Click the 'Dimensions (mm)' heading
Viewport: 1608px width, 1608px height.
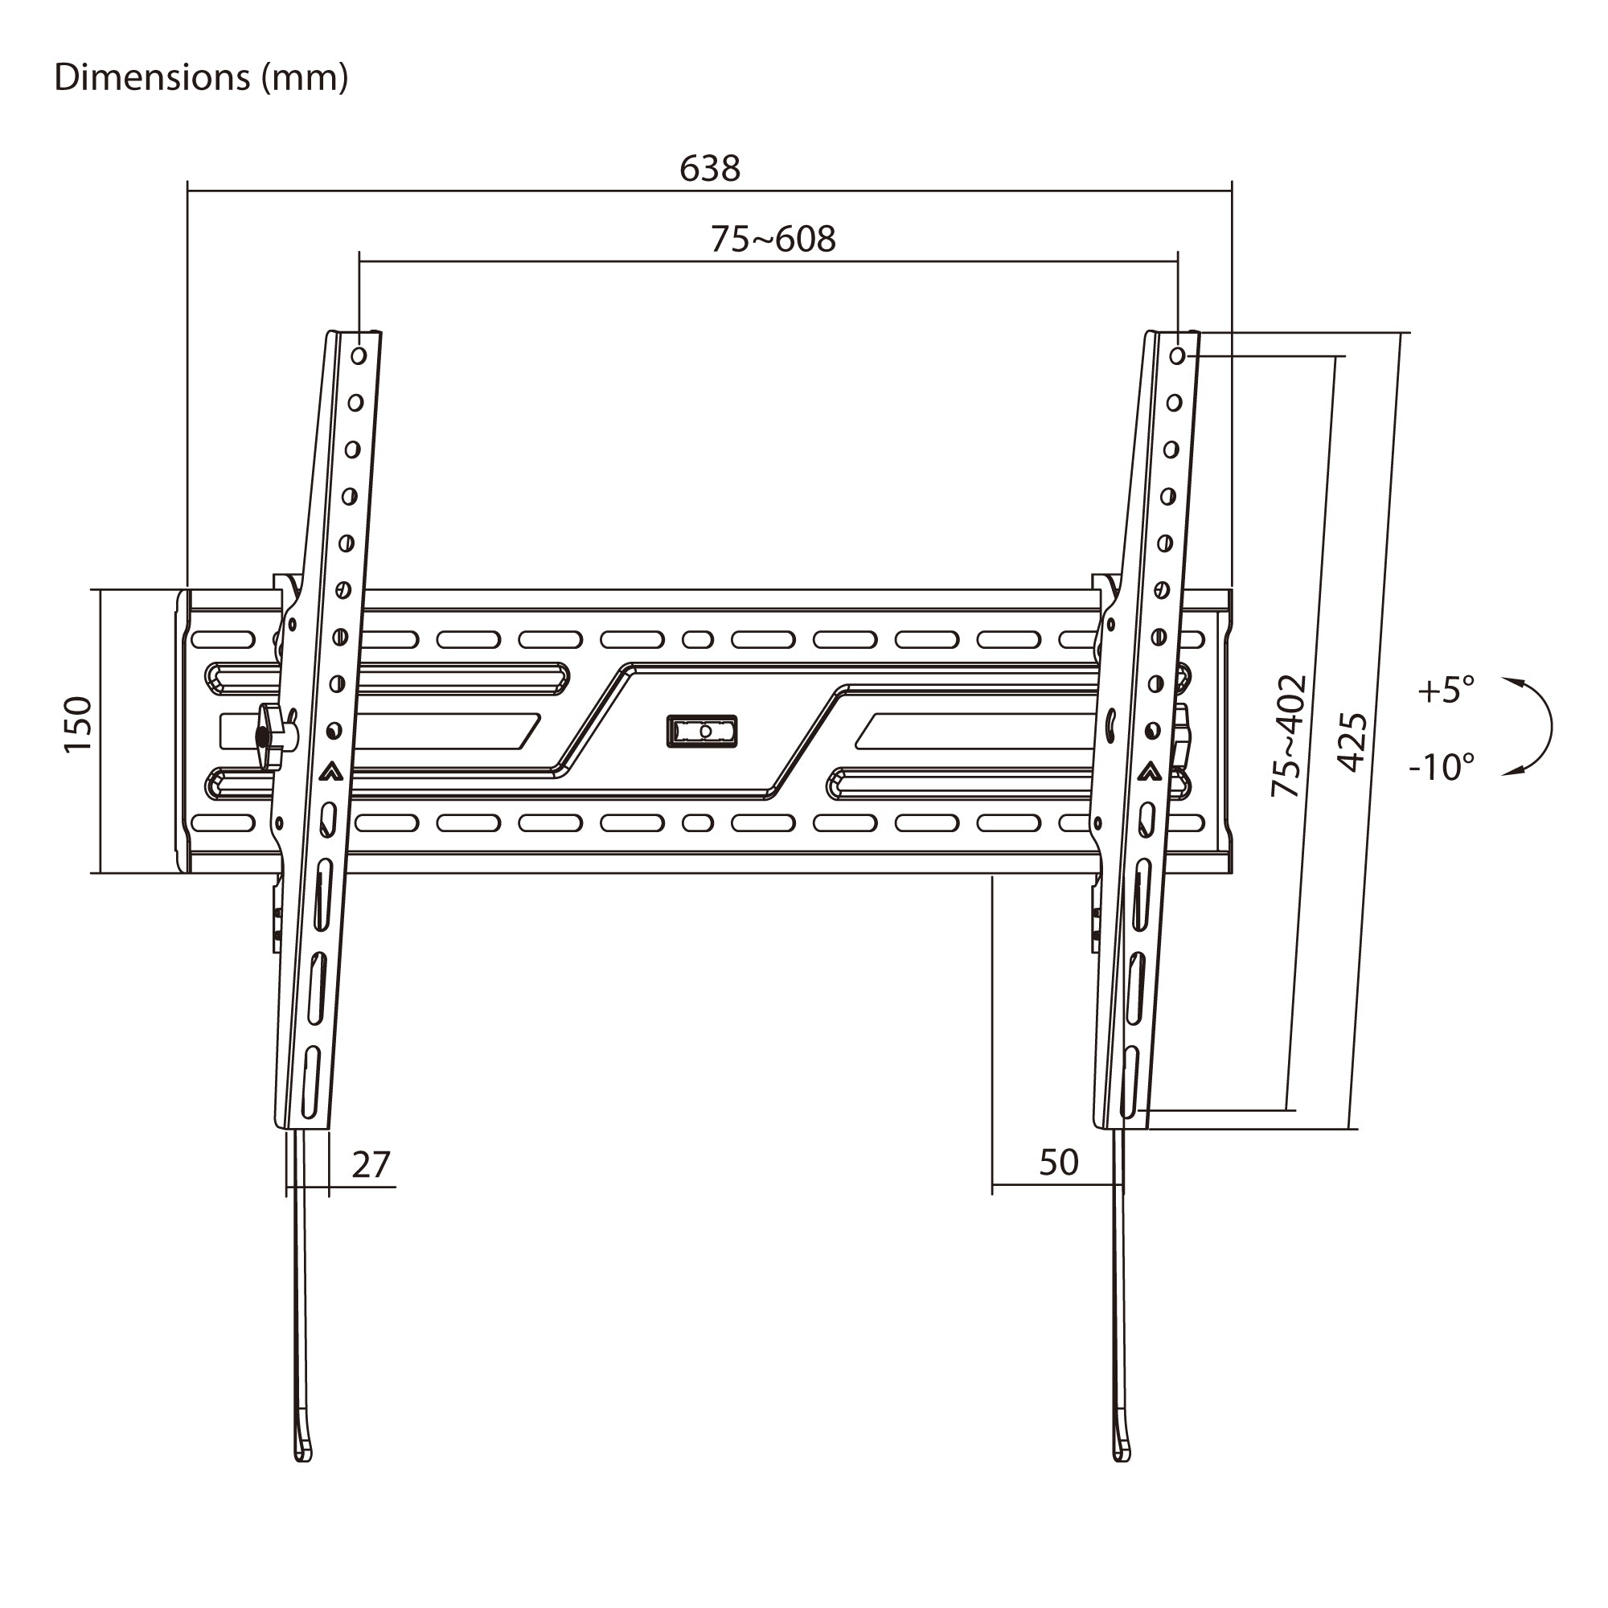[x=200, y=78]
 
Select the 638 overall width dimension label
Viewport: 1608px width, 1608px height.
[x=709, y=169]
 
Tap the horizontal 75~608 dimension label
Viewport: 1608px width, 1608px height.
[x=773, y=239]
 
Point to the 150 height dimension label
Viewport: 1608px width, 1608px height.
[x=78, y=725]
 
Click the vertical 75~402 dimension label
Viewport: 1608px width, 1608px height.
[x=1288, y=736]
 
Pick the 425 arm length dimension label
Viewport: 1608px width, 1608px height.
[x=1352, y=741]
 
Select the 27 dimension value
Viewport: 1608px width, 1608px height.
[x=371, y=1164]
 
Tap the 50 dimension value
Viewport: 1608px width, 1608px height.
[x=1059, y=1163]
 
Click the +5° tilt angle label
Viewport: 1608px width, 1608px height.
[x=1446, y=690]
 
